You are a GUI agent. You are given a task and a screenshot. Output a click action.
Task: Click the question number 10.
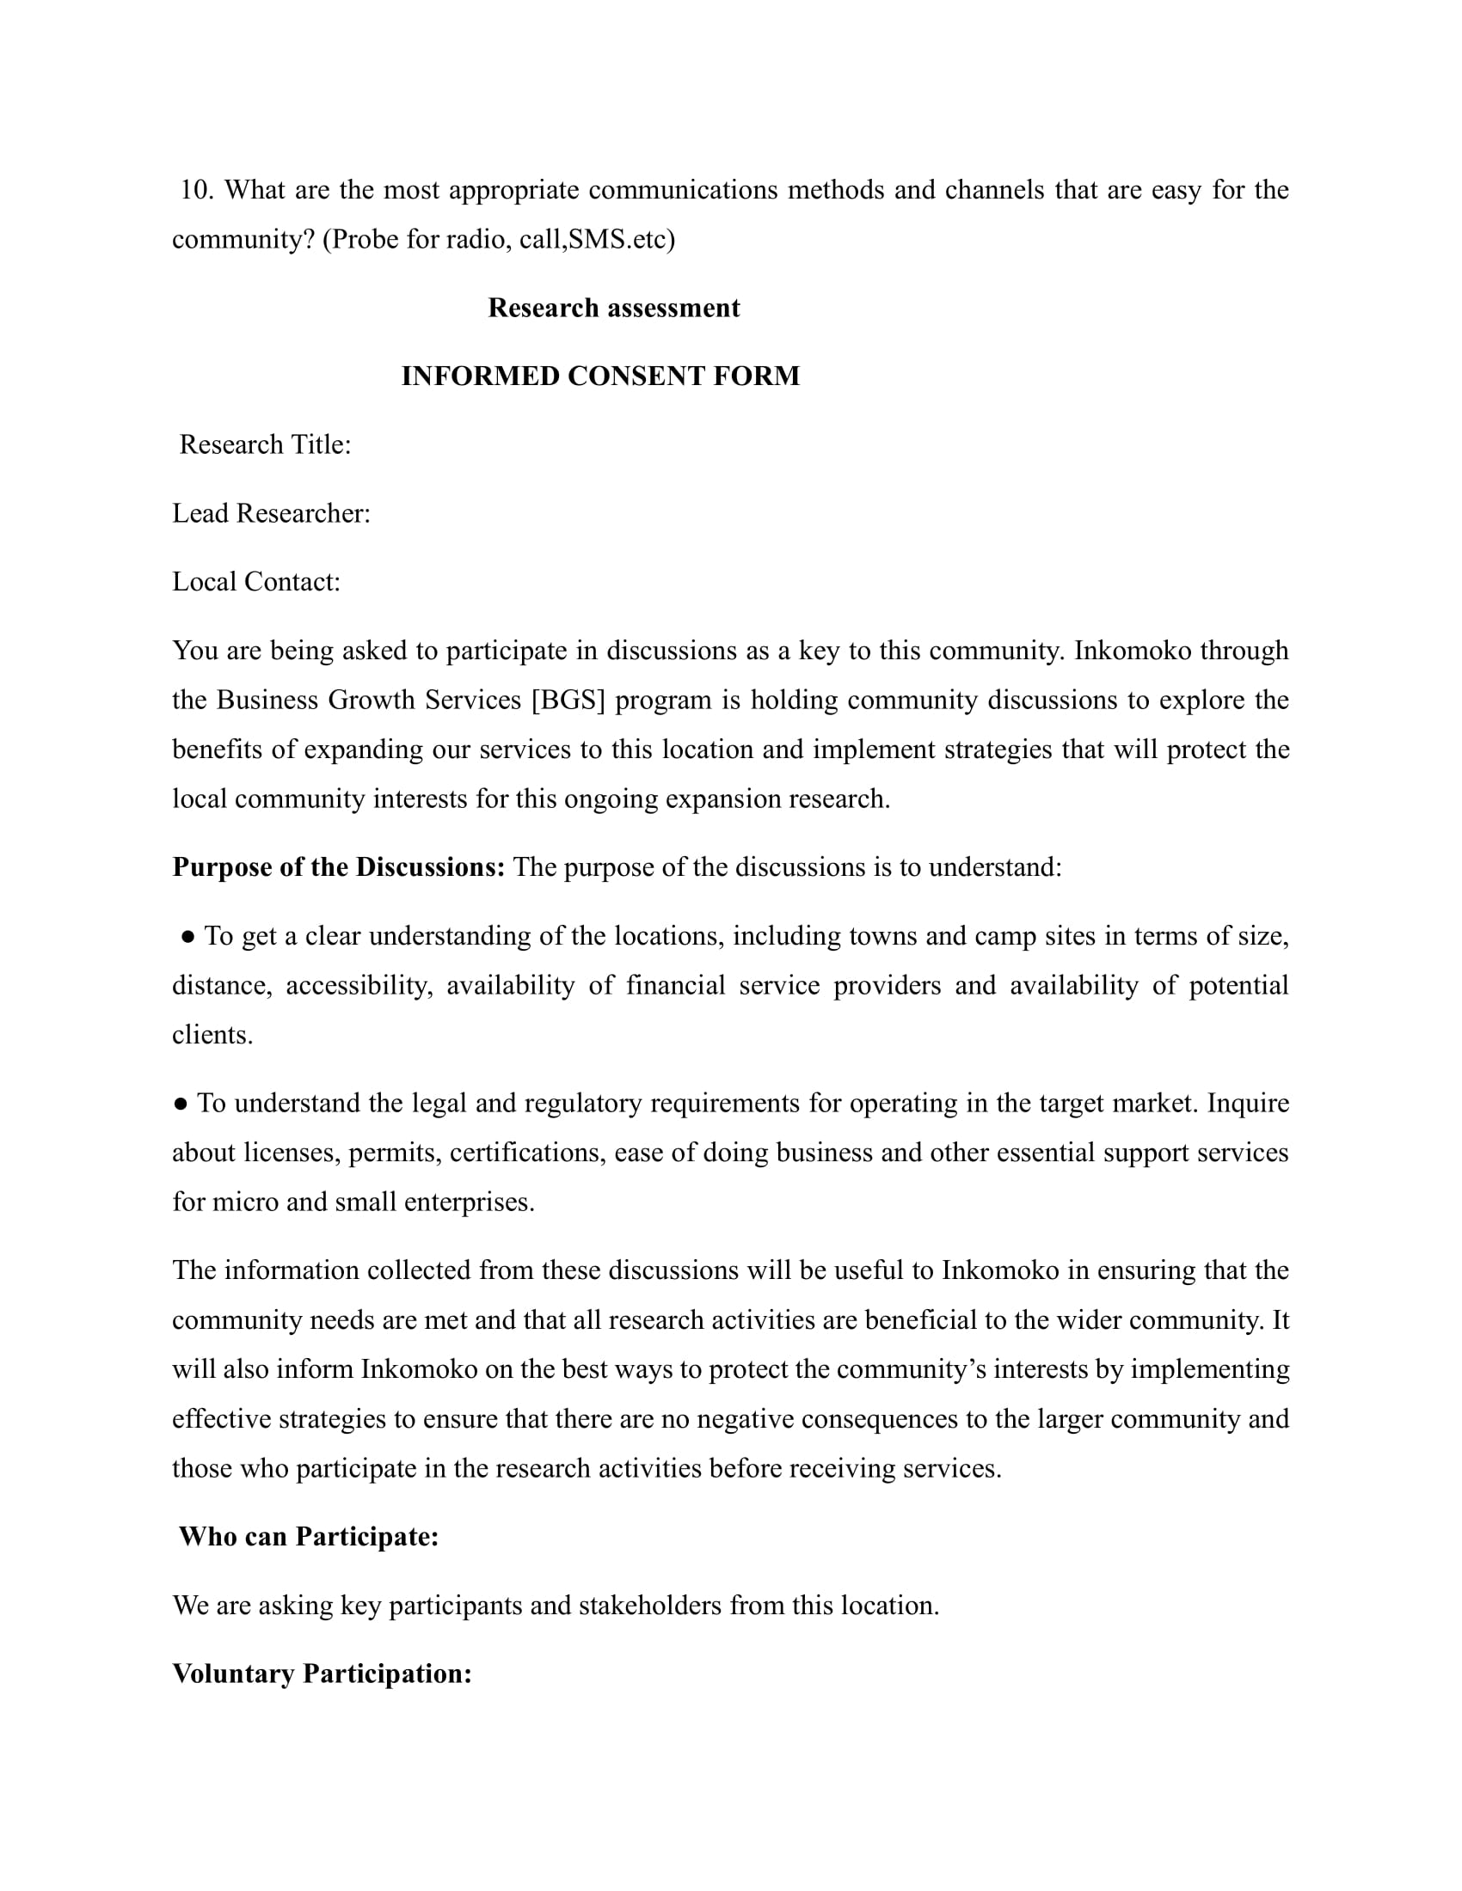pyautogui.click(x=196, y=190)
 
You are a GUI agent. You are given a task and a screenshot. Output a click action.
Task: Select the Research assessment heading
pyautogui.click(x=613, y=309)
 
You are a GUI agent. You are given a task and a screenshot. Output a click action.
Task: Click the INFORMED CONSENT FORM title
pyautogui.click(x=600, y=376)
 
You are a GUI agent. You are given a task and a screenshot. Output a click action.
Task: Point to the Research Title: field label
pyautogui.click(x=265, y=445)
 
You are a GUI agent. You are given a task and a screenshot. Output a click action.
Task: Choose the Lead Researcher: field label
pyautogui.click(x=271, y=513)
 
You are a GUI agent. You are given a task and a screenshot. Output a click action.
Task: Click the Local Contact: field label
pyautogui.click(x=256, y=582)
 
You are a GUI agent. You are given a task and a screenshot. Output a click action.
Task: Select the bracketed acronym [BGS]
pyautogui.click(x=568, y=700)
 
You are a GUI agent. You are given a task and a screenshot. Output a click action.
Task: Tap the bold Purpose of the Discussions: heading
pyautogui.click(x=339, y=867)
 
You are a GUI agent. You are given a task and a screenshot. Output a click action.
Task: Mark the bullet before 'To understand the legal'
pyautogui.click(x=180, y=1104)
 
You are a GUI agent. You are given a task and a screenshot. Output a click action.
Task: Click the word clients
pyautogui.click(x=212, y=1036)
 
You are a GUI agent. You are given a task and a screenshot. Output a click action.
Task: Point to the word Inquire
pyautogui.click(x=1247, y=1104)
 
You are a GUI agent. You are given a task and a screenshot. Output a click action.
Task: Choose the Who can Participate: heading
pyautogui.click(x=309, y=1537)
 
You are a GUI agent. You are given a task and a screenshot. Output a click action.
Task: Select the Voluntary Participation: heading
pyautogui.click(x=322, y=1674)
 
